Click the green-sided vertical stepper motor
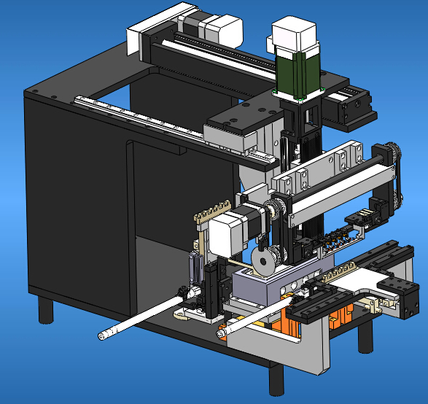(x=297, y=73)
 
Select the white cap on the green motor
(x=294, y=36)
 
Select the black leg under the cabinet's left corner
(x=46, y=309)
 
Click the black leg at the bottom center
(x=276, y=380)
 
